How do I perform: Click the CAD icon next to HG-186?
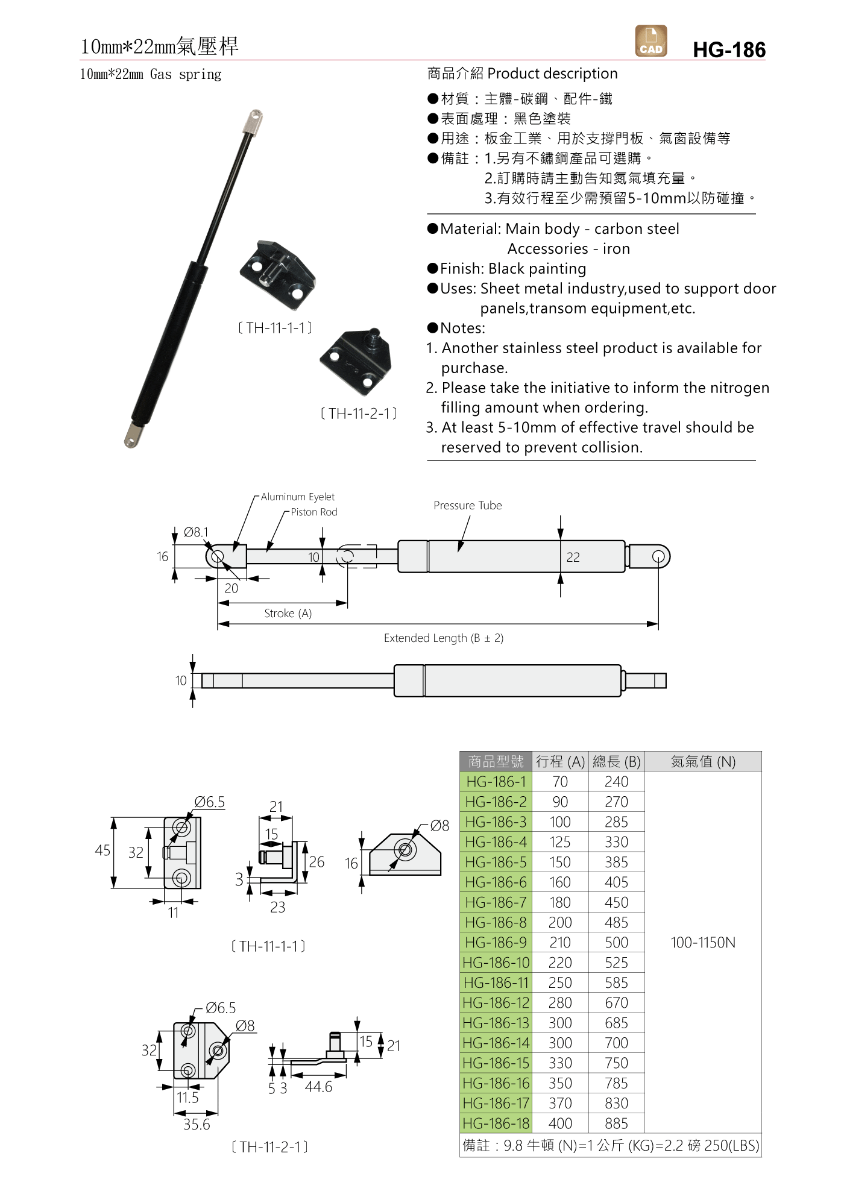[x=651, y=41]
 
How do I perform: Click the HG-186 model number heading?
[x=729, y=49]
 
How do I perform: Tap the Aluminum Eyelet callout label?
[x=297, y=497]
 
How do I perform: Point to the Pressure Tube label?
[x=467, y=505]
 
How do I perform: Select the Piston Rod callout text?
[x=313, y=512]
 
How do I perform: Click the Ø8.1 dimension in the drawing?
[x=196, y=532]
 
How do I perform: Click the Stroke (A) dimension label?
[x=288, y=613]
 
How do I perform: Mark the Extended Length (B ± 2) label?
[x=443, y=638]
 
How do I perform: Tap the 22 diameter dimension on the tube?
[x=573, y=558]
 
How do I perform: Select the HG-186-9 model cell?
[x=496, y=942]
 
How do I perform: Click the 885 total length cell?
[x=616, y=1123]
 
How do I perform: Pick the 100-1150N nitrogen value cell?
[x=703, y=942]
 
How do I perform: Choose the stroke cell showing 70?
[x=559, y=782]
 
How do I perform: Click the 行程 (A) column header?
[x=559, y=761]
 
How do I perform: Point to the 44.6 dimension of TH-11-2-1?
[x=318, y=1087]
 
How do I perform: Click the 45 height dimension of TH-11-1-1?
[x=102, y=850]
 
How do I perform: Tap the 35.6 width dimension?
[x=197, y=1124]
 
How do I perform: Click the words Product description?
[x=552, y=74]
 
